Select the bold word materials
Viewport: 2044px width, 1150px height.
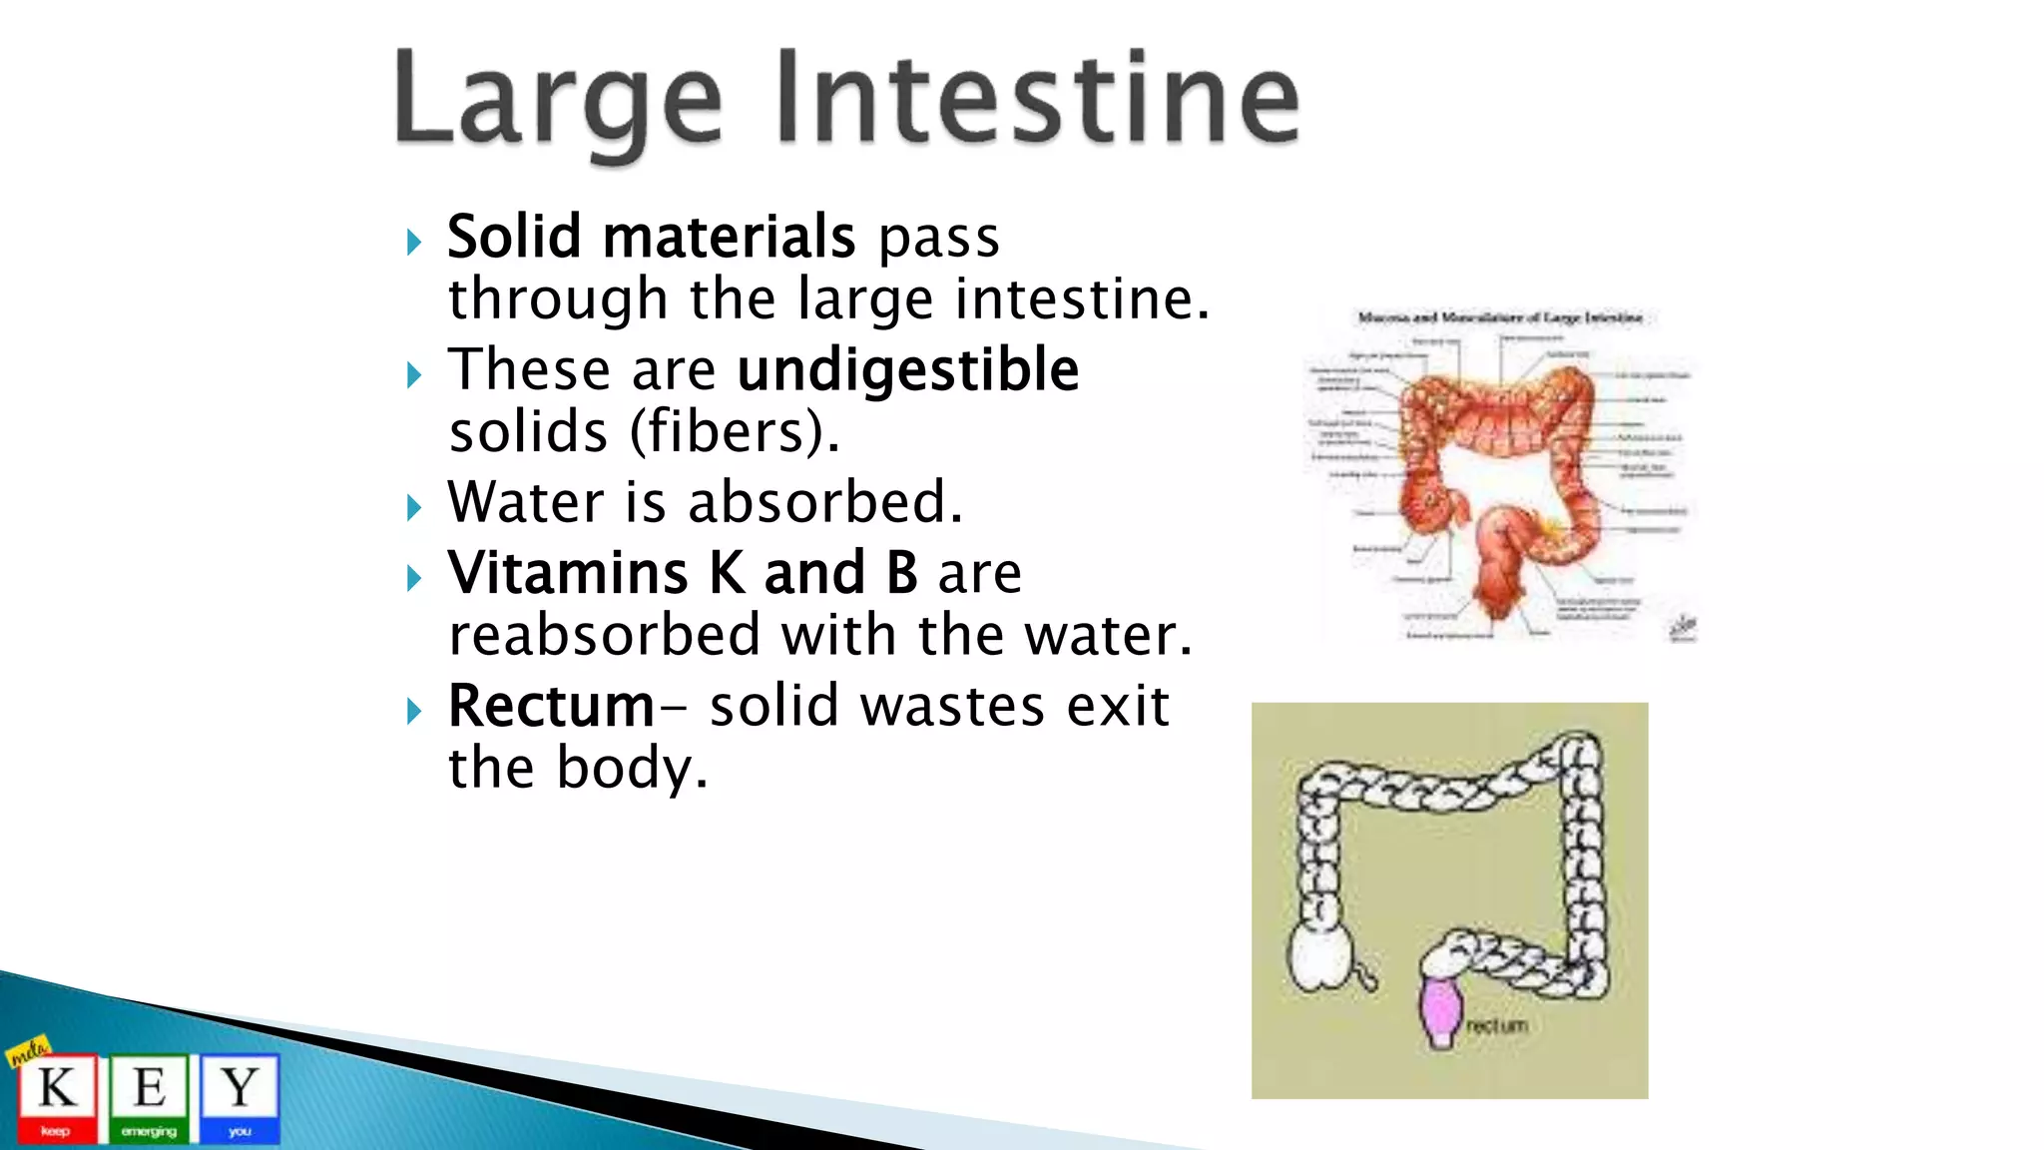coord(729,237)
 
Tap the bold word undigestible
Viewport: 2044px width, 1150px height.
coord(907,370)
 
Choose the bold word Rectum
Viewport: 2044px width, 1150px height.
coord(551,706)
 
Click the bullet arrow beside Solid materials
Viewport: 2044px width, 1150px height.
coord(414,242)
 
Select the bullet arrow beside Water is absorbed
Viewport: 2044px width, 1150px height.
coord(414,507)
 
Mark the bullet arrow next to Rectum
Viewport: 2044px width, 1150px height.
coord(414,711)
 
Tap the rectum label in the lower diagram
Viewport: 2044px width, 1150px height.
coord(1497,1025)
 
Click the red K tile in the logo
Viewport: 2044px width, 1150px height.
coord(56,1096)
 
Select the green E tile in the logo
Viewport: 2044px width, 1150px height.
coord(149,1096)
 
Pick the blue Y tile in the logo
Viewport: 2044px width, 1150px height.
coord(240,1096)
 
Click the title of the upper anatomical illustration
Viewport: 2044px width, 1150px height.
coord(1499,317)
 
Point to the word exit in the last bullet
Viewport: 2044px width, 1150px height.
coord(1118,706)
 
